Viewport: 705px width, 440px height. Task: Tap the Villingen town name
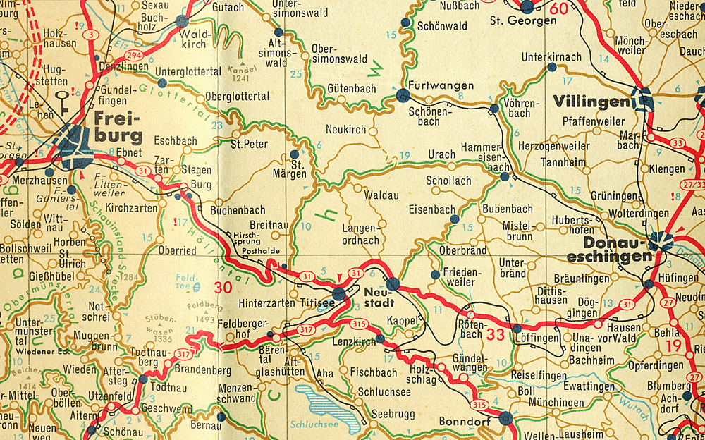[x=590, y=102]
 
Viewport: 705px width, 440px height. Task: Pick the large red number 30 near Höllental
[x=223, y=288]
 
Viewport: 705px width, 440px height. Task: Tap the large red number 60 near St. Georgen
[x=558, y=8]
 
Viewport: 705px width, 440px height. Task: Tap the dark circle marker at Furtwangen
[x=403, y=94]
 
